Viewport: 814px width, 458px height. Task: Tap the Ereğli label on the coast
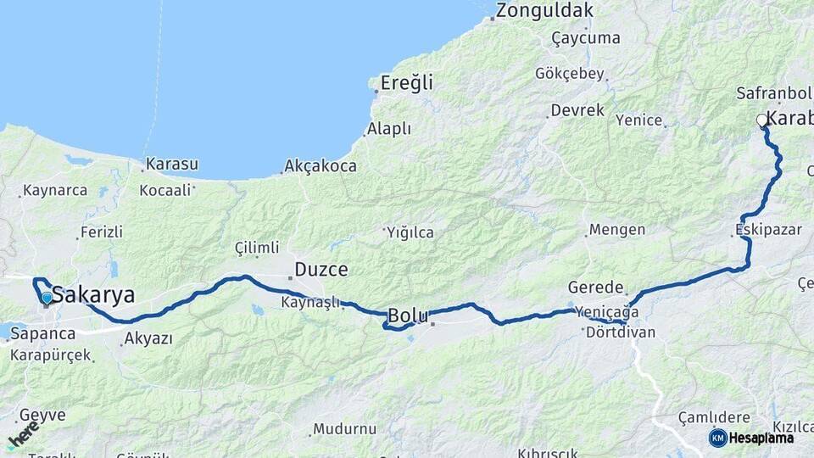(x=406, y=83)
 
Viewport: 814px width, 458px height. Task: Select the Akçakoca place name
(x=321, y=166)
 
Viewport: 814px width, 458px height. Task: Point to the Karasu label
(x=171, y=164)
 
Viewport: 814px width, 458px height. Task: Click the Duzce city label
(x=321, y=271)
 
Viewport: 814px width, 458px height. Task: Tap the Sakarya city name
(x=93, y=295)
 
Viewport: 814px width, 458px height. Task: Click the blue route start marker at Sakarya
(x=47, y=298)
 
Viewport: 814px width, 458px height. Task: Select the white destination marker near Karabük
(x=761, y=120)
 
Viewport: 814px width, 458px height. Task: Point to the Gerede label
(x=596, y=288)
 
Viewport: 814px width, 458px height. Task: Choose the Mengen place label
(x=616, y=230)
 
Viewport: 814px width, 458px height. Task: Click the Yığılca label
(x=410, y=232)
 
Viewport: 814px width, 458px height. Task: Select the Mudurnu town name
(x=344, y=429)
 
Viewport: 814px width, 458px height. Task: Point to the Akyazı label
(x=148, y=338)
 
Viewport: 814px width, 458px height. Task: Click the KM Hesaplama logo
(x=751, y=438)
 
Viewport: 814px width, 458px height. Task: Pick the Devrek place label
(x=577, y=110)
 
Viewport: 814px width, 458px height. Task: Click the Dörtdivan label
(x=621, y=332)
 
